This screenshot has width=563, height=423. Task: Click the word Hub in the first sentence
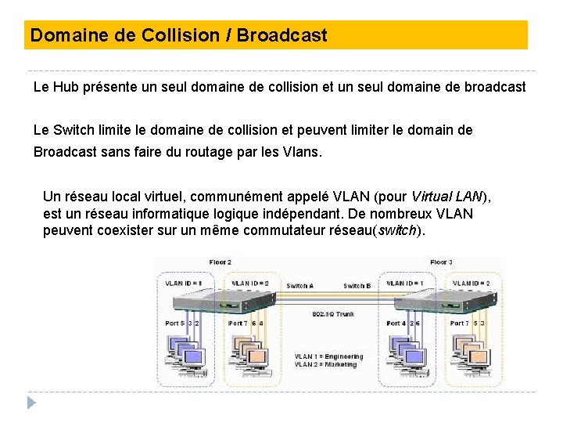point(66,87)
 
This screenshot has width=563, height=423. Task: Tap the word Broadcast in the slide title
point(282,35)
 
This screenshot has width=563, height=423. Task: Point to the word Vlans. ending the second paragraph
point(296,152)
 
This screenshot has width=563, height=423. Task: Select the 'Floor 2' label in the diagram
point(220,262)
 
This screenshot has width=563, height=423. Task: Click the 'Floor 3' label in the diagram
point(441,262)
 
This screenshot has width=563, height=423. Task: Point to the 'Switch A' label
point(299,286)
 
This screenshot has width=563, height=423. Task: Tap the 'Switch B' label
point(357,286)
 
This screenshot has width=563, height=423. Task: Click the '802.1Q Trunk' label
point(333,314)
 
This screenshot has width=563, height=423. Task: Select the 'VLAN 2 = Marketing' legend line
point(325,364)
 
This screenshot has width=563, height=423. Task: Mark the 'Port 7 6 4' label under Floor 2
point(246,323)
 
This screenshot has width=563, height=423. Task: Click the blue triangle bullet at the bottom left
point(31,403)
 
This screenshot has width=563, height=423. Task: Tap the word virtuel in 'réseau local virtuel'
point(154,197)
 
